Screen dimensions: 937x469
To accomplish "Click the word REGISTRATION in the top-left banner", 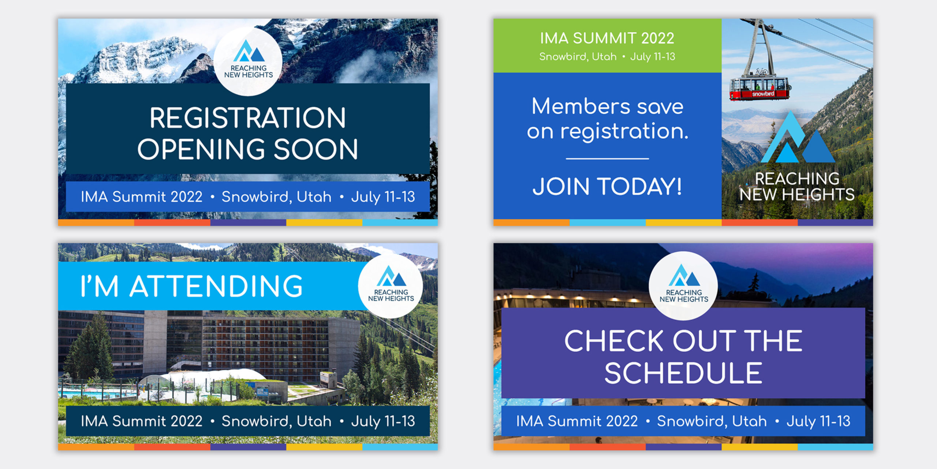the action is [x=248, y=118].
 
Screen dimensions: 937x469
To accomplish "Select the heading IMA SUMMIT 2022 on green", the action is [x=607, y=38].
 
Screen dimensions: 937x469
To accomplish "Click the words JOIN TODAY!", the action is [x=607, y=186].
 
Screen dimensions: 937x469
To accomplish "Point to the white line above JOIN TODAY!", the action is [x=607, y=159].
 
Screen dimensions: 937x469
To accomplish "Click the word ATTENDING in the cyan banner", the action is [x=216, y=286].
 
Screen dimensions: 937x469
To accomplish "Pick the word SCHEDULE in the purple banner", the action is [x=683, y=373].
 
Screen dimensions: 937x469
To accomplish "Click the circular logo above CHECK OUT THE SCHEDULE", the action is [x=683, y=286].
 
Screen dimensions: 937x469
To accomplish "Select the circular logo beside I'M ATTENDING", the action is [x=391, y=286].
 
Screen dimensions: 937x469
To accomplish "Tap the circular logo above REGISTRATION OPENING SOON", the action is [x=248, y=61].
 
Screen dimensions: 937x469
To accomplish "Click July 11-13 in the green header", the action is [x=653, y=57].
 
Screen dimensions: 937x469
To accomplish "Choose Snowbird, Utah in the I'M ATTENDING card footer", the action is [x=276, y=421].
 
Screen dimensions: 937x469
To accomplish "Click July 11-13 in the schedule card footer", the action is [x=818, y=421].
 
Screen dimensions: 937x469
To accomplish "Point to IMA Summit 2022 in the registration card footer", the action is [x=141, y=197].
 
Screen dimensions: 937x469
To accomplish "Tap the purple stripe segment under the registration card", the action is [x=248, y=222].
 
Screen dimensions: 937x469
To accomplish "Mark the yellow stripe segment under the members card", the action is [x=683, y=222].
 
